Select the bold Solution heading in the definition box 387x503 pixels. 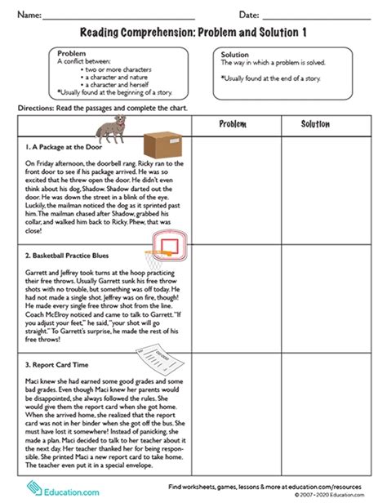pyautogui.click(x=236, y=55)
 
